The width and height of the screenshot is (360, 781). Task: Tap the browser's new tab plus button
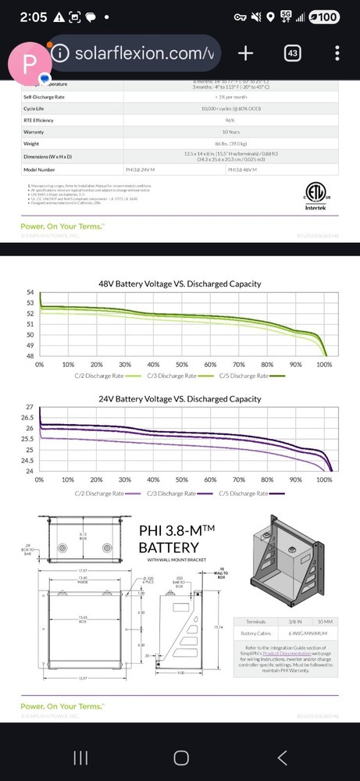[x=245, y=53]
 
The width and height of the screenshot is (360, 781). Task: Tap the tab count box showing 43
[x=293, y=53]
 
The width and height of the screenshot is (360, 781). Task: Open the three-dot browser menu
[x=337, y=53]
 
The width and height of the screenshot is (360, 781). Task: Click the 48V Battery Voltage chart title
[x=180, y=284]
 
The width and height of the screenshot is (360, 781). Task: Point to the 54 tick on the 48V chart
[x=30, y=292]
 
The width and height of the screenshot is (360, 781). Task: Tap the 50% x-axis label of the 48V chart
[x=181, y=366]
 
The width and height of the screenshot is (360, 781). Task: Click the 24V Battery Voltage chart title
[x=180, y=399]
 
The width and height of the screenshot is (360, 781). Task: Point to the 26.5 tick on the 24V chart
[x=28, y=418]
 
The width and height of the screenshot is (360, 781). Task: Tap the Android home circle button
[x=180, y=758]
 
